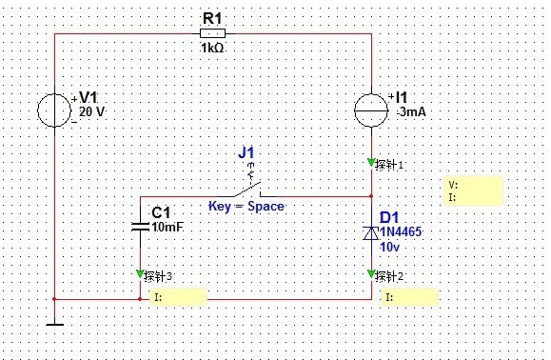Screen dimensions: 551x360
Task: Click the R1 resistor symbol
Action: (x=212, y=33)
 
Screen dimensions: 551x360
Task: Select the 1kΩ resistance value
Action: (x=212, y=48)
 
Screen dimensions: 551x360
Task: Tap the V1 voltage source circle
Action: (x=54, y=110)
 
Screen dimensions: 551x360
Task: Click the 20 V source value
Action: (x=91, y=111)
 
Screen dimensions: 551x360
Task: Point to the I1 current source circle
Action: (x=371, y=110)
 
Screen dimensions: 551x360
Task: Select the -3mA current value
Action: (x=411, y=111)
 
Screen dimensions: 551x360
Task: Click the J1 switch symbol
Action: (x=247, y=188)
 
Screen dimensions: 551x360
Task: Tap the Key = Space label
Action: (x=246, y=206)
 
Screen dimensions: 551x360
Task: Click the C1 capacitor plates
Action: (x=140, y=227)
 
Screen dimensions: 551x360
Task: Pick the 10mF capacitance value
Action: (x=167, y=227)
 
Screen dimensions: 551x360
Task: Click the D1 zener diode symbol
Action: (x=371, y=233)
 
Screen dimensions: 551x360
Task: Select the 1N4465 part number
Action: (x=401, y=231)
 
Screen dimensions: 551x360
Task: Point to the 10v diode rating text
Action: (x=390, y=247)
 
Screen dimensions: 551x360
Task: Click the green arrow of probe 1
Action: (x=371, y=163)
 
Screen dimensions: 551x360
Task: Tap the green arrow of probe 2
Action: (x=371, y=274)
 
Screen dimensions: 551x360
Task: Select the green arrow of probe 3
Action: (x=140, y=274)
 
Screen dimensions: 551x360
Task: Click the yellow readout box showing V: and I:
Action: (x=474, y=190)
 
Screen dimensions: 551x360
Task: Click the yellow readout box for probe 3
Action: (x=178, y=297)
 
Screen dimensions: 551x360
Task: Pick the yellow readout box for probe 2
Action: (x=410, y=297)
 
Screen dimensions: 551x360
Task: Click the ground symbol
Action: (x=54, y=324)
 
